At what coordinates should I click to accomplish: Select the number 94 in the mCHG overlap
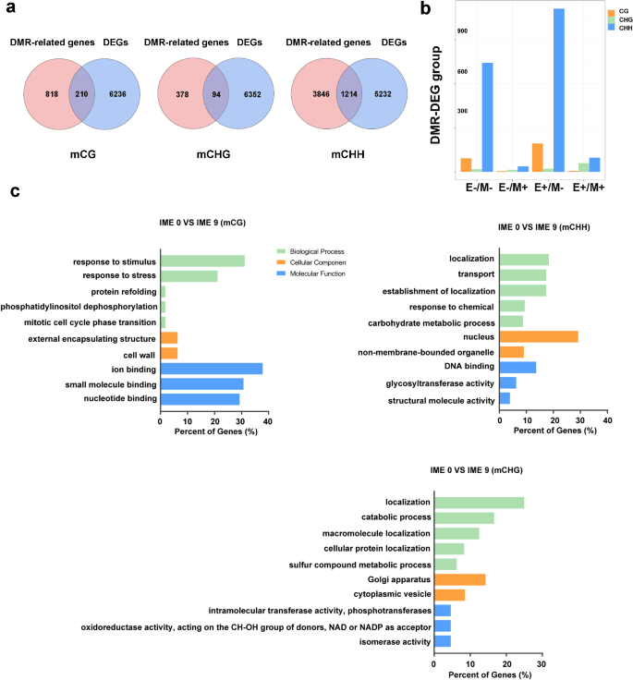click(x=216, y=94)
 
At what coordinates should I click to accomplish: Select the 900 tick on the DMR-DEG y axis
click(x=463, y=31)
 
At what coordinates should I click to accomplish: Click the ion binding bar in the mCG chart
click(x=212, y=368)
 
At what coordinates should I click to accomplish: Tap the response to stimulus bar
click(x=202, y=261)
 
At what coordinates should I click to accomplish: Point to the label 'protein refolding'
click(x=116, y=291)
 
